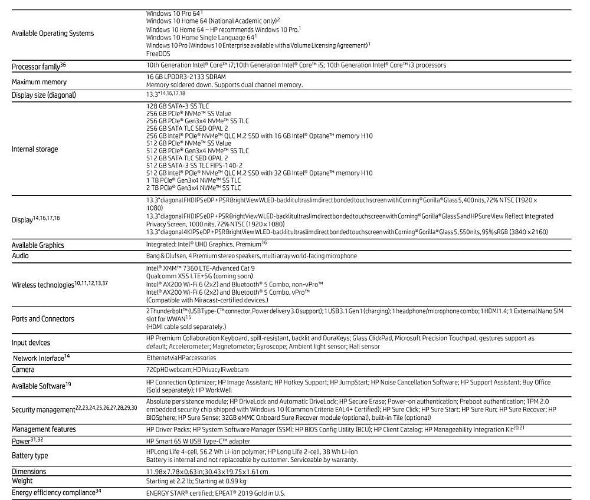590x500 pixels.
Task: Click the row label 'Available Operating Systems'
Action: (53, 34)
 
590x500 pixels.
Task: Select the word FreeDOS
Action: (158, 54)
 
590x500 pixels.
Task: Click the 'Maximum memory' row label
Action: (39, 82)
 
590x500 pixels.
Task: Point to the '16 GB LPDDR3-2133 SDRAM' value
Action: (186, 77)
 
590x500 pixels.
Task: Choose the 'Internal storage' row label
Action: (35, 149)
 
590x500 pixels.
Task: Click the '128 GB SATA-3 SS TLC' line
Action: (177, 106)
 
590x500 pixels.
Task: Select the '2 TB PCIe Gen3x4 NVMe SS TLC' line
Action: (194, 187)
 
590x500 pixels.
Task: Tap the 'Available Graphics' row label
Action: (42, 244)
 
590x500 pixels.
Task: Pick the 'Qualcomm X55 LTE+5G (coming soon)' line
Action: (197, 275)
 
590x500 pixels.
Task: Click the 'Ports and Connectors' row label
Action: (43, 319)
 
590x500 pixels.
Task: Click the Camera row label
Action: (23, 370)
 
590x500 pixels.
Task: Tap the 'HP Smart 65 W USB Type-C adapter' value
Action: (198, 441)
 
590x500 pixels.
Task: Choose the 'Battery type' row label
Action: (30, 456)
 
